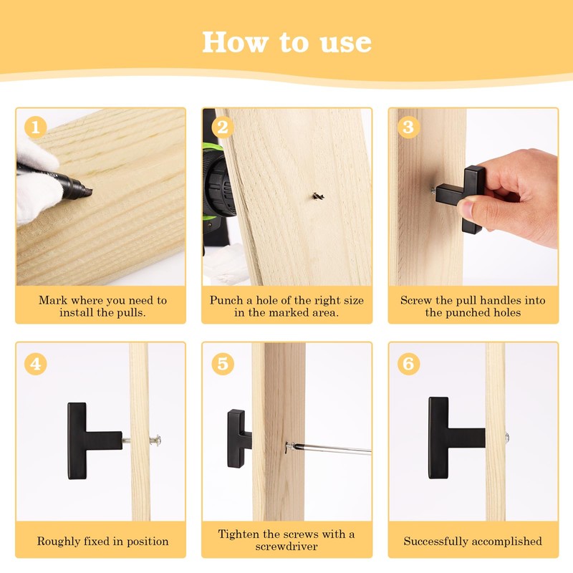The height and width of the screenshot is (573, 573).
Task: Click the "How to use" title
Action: pyautogui.click(x=287, y=42)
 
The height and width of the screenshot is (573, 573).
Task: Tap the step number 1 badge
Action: pyautogui.click(x=35, y=127)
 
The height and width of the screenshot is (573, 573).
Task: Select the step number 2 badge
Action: pyautogui.click(x=223, y=127)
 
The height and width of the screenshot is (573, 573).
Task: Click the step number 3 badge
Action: pyautogui.click(x=408, y=127)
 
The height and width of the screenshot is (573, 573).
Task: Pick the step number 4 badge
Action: pyautogui.click(x=35, y=364)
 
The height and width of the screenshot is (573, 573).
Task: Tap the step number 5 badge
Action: pyautogui.click(x=223, y=364)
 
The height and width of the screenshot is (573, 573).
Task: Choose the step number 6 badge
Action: pyautogui.click(x=408, y=364)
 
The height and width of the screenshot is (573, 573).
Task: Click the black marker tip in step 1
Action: pyautogui.click(x=88, y=191)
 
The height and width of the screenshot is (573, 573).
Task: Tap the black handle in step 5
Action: pyautogui.click(x=239, y=438)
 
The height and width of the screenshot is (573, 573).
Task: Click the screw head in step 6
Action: pyautogui.click(x=507, y=437)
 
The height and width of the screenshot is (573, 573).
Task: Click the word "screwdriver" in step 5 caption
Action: pyautogui.click(x=286, y=546)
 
